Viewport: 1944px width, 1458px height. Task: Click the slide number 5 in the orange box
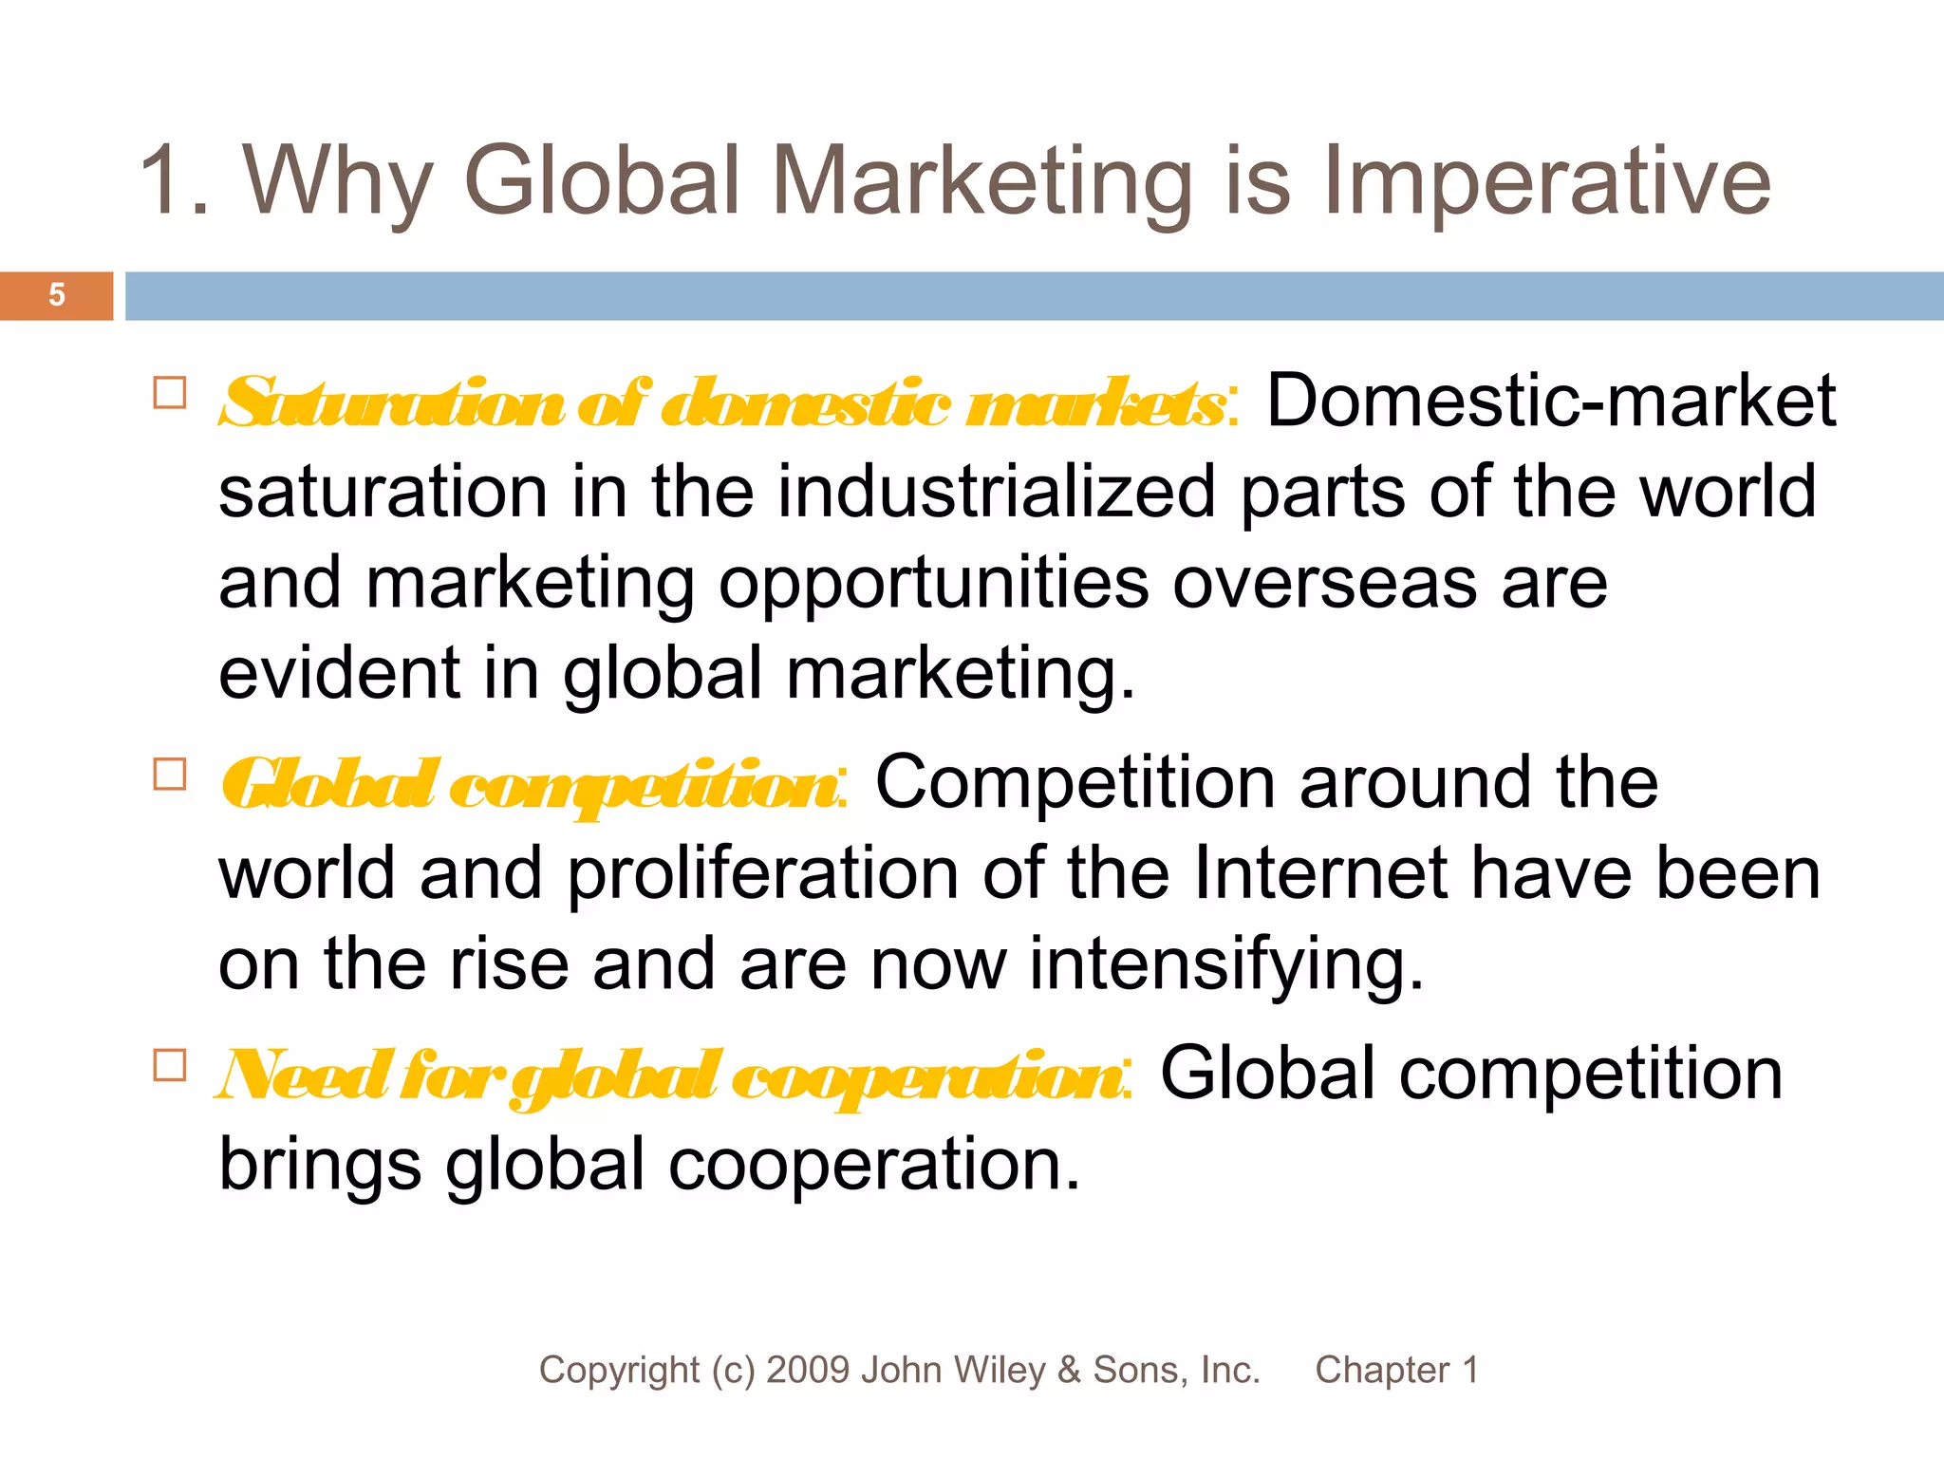tap(57, 295)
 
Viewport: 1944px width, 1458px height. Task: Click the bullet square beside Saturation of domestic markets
tap(170, 393)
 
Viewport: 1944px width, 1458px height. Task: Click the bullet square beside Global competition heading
tap(170, 775)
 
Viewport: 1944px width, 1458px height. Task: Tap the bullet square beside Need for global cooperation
tap(170, 1065)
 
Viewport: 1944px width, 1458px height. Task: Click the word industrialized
tap(997, 492)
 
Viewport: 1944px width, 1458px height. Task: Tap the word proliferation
tap(763, 873)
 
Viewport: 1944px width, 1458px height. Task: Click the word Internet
tap(1319, 873)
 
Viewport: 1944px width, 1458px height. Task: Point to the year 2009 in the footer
tap(809, 1370)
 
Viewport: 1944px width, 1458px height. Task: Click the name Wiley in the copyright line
tap(998, 1370)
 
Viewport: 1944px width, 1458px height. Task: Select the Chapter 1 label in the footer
tap(1396, 1370)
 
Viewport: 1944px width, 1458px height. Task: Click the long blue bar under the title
tap(1035, 295)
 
